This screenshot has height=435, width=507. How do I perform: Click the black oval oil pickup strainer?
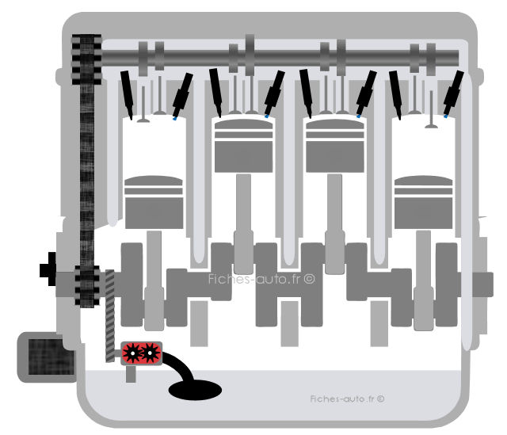pos(195,390)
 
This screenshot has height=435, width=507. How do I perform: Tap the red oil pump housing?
pos(141,353)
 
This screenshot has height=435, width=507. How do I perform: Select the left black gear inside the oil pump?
pos(132,353)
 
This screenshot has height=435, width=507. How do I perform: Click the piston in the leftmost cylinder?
pos(154,203)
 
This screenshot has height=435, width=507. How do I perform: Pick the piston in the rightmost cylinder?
pos(423,203)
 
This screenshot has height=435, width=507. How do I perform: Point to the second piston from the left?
pos(243,146)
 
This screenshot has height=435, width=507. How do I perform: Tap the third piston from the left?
pos(335,146)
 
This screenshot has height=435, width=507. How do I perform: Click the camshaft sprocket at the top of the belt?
pos(86,59)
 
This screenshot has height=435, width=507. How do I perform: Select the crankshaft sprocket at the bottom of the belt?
pos(87,286)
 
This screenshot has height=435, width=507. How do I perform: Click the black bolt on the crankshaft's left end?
pos(48,269)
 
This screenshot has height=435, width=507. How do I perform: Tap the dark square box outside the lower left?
pos(48,357)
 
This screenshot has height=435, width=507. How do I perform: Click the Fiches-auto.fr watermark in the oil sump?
pos(347,399)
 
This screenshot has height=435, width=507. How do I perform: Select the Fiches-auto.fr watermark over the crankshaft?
pos(261,279)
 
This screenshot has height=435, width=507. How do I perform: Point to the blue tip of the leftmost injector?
pos(174,119)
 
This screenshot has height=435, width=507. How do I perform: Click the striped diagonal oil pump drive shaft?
pos(110,316)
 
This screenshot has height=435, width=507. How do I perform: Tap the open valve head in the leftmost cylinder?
pos(143,120)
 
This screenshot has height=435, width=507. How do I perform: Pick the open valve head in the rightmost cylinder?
pos(431,126)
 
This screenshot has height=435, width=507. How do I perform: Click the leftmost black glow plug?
pos(127,95)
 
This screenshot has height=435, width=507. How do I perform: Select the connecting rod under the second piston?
pos(243,223)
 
